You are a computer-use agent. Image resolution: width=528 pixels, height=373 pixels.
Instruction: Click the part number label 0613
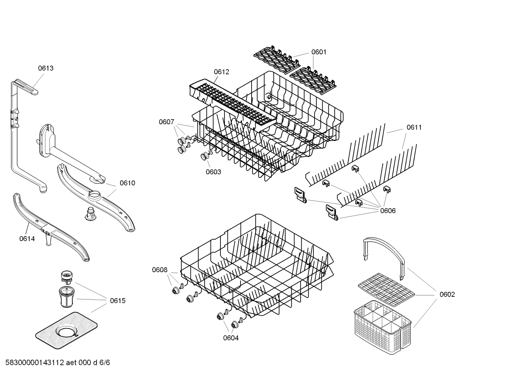pyautogui.click(x=46, y=68)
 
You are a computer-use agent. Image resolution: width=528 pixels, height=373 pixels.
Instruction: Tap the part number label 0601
pyautogui.click(x=319, y=52)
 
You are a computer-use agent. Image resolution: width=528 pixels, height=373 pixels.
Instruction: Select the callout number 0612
pyautogui.click(x=222, y=72)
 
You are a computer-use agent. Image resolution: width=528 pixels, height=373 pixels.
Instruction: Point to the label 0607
pyautogui.click(x=166, y=122)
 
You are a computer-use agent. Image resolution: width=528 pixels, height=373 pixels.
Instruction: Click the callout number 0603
pyautogui.click(x=213, y=172)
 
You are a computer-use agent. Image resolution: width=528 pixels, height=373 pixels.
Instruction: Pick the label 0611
pyautogui.click(x=414, y=127)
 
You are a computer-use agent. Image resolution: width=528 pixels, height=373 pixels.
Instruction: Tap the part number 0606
pyautogui.click(x=388, y=210)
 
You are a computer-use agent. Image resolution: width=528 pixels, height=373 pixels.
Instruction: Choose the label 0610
pyautogui.click(x=127, y=183)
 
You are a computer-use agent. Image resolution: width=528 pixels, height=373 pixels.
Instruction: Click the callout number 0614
pyautogui.click(x=27, y=239)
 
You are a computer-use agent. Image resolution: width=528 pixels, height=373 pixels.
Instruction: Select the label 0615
pyautogui.click(x=118, y=301)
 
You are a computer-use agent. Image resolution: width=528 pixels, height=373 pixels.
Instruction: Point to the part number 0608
pyautogui.click(x=160, y=270)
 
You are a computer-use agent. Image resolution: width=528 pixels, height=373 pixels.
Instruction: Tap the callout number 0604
pyautogui.click(x=231, y=338)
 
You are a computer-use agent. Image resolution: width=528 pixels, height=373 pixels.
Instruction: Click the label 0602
pyautogui.click(x=447, y=294)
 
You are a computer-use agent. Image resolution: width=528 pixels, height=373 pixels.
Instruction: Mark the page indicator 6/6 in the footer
pyautogui.click(x=105, y=363)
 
